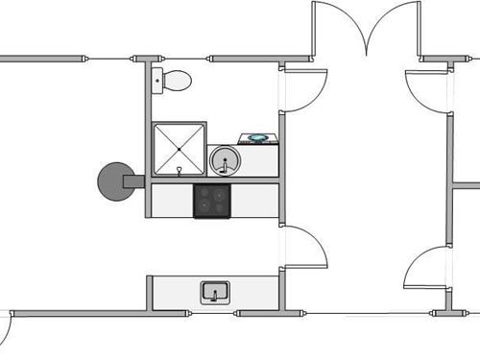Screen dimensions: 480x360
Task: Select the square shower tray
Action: coord(180,150)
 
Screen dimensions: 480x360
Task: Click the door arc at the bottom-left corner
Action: coord(5,331)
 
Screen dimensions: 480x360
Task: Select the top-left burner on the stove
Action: coord(205,194)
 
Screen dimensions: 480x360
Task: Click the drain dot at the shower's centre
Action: coord(180,150)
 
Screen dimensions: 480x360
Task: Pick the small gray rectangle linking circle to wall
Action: coord(139,180)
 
